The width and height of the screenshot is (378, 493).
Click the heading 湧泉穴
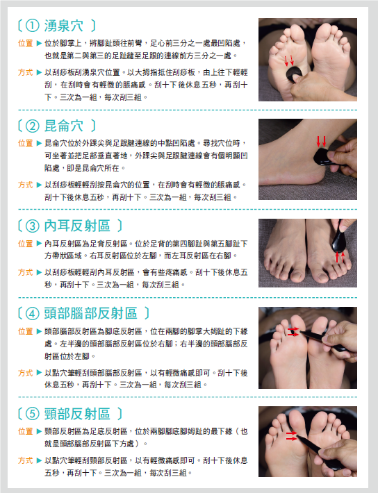tap(64, 26)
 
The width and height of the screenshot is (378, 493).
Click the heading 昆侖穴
tap(64, 126)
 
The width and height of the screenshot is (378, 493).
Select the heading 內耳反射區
tap(77, 226)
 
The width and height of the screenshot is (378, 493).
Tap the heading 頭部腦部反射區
tap(90, 313)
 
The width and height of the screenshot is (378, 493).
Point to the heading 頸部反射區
tap(77, 414)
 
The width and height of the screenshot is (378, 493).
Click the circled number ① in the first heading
tap(32, 26)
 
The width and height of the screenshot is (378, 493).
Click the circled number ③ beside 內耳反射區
tap(32, 226)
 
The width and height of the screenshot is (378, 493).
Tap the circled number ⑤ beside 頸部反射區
tap(32, 414)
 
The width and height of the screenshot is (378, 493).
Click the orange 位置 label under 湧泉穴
tap(26, 43)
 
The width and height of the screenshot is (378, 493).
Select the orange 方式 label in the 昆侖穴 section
tap(26, 185)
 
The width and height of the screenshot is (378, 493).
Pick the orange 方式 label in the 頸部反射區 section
tap(26, 460)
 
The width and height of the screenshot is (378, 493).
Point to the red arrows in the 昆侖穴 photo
tap(321, 142)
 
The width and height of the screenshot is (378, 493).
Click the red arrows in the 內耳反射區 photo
tap(340, 256)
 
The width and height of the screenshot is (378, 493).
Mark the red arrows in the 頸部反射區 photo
tap(291, 436)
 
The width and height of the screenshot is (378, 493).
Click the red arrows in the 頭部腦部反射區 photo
tap(293, 332)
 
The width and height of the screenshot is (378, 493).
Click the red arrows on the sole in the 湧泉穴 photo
tap(289, 60)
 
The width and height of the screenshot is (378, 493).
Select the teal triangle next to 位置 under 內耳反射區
tap(39, 244)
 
